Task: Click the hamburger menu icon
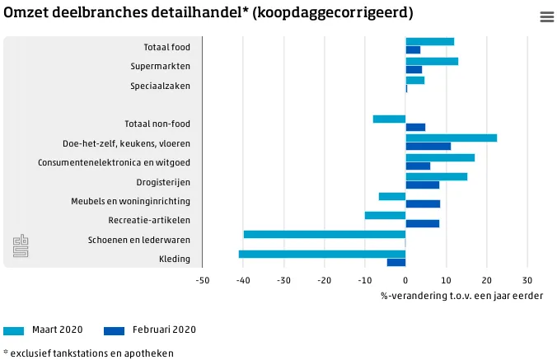[x=546, y=16]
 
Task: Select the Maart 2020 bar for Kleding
[x=322, y=254]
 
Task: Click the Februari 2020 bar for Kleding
[x=396, y=263]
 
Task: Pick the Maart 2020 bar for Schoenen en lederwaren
[x=325, y=234]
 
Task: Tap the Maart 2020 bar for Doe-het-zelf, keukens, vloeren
[x=451, y=138]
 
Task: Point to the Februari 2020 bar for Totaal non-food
[x=415, y=128]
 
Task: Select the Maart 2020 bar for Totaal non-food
[x=389, y=119]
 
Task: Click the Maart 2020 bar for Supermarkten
[x=432, y=61]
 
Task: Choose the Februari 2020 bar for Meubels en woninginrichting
[x=423, y=204]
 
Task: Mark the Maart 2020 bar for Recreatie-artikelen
[x=385, y=215]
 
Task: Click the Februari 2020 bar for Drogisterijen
[x=422, y=185]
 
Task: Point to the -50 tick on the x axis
[x=203, y=280]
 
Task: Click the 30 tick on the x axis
[x=527, y=280]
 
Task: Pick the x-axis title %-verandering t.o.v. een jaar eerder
[x=461, y=296]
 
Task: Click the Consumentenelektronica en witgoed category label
[x=114, y=162]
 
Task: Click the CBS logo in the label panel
[x=21, y=246]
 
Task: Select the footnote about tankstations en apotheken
[x=88, y=353]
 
